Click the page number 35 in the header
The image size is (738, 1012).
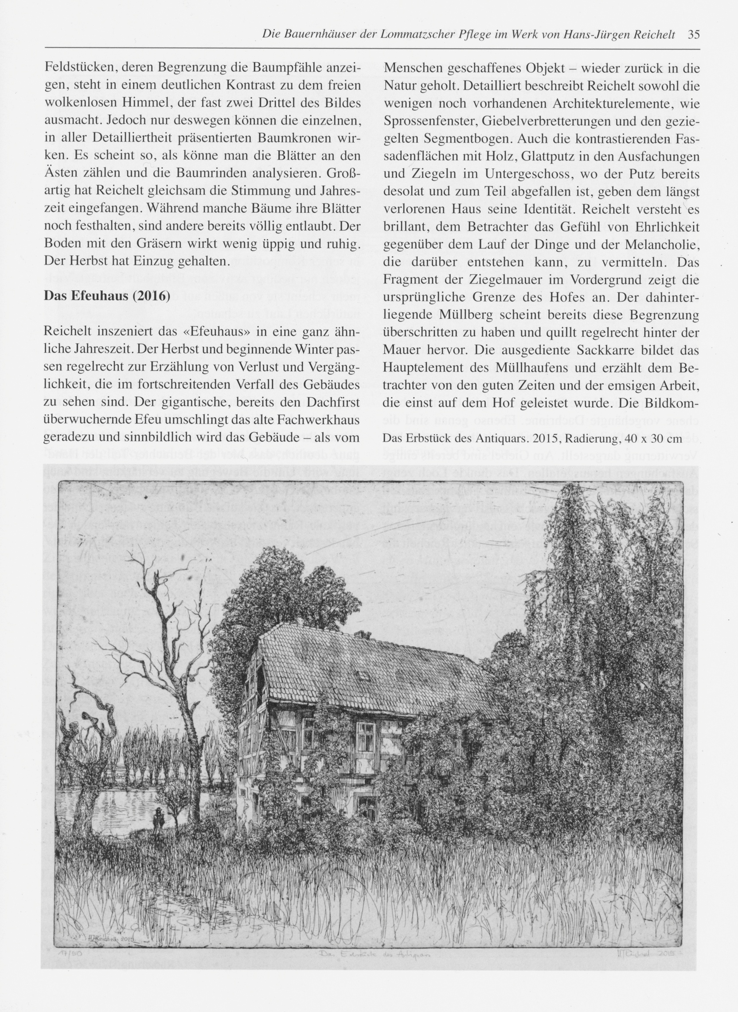point(694,35)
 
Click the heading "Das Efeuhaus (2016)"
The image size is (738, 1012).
point(107,297)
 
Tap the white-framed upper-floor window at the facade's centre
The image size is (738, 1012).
point(366,733)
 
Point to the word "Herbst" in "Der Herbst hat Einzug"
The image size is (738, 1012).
point(83,262)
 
